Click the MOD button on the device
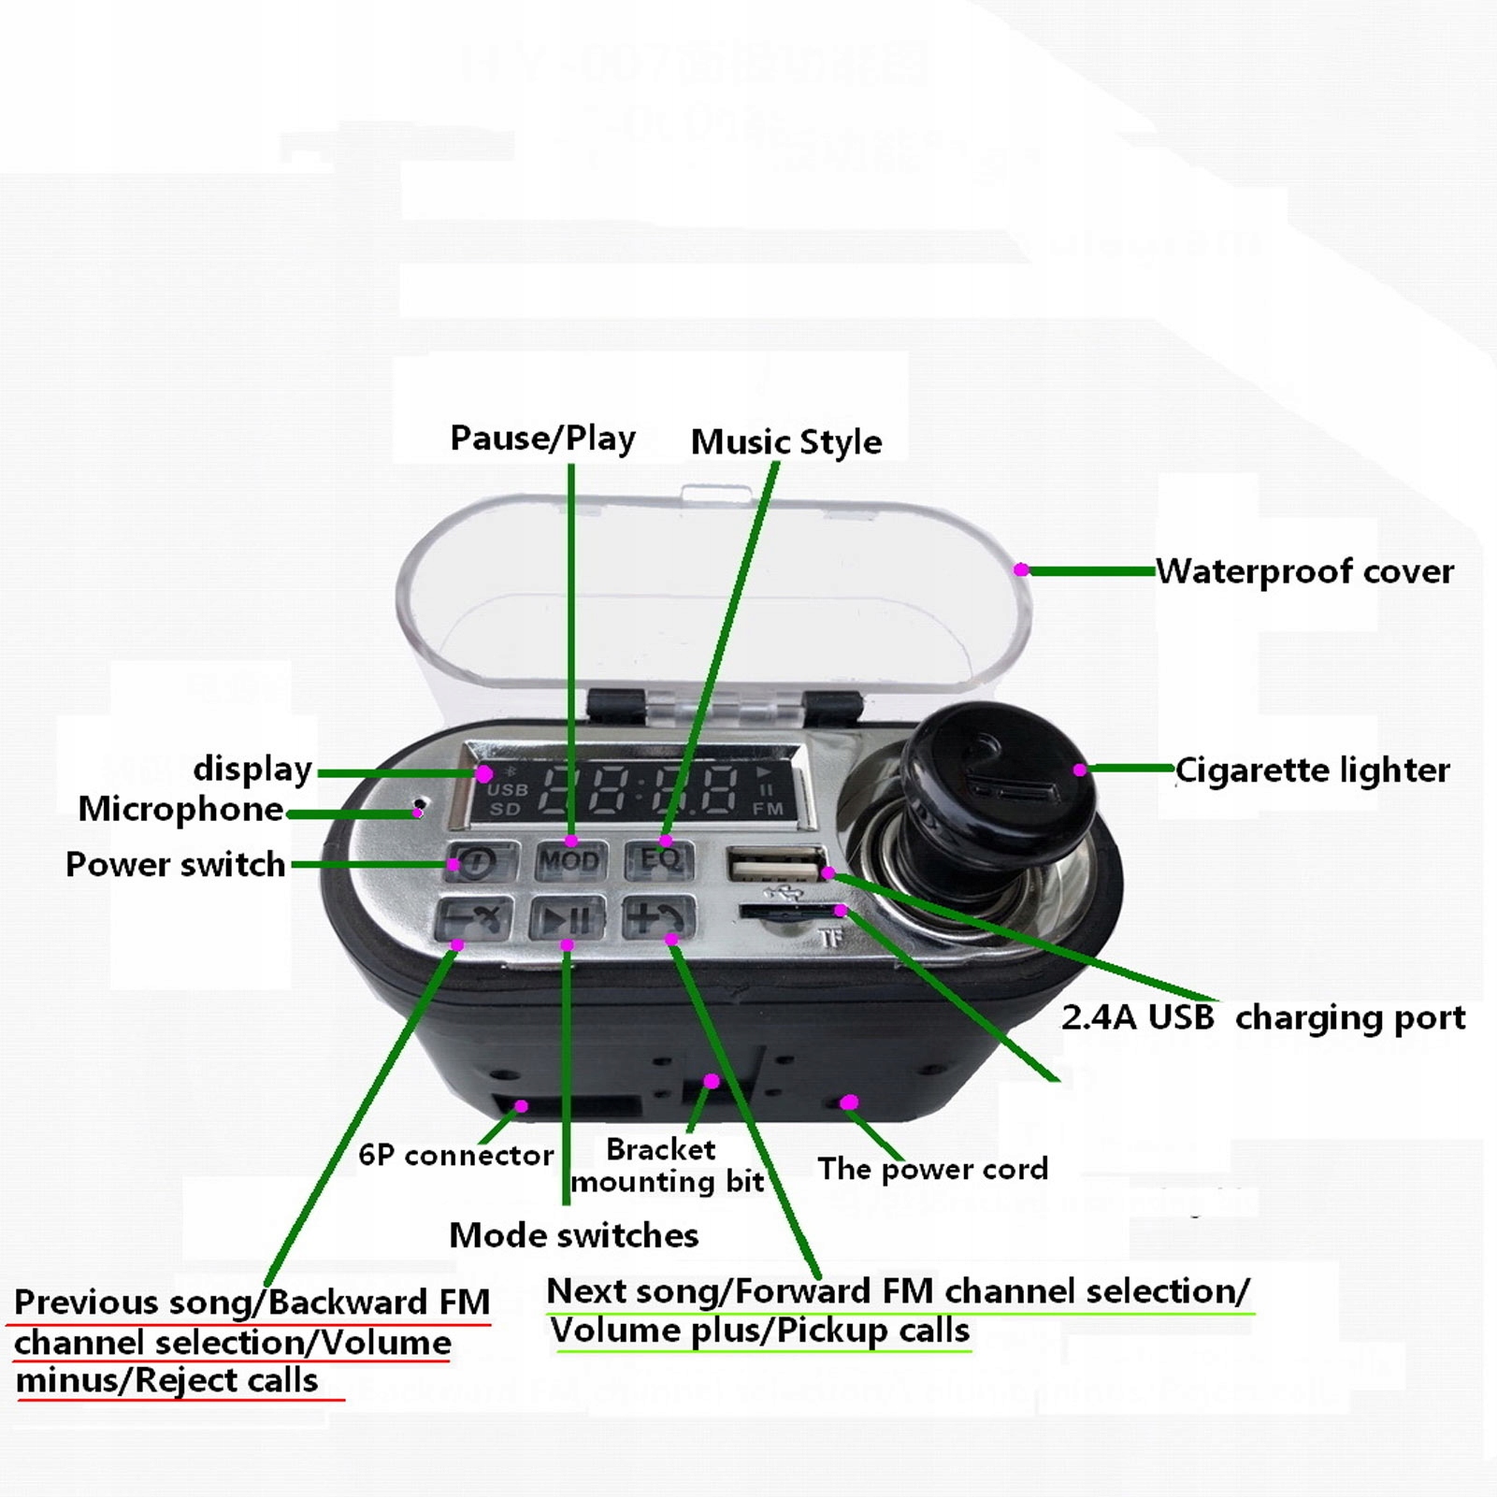(x=569, y=860)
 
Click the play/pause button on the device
(x=567, y=919)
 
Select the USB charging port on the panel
(x=774, y=864)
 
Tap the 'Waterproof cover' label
(x=1304, y=571)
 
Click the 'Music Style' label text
(x=785, y=442)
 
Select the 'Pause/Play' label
(x=542, y=438)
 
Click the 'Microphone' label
(x=180, y=809)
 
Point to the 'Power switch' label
(x=175, y=864)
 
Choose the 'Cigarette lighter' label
(x=1312, y=770)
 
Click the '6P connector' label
(x=455, y=1155)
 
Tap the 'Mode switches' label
(x=573, y=1235)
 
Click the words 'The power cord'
(x=932, y=1169)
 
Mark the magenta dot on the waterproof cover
(x=1021, y=569)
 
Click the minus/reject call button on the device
(x=474, y=919)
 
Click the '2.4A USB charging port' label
(x=1262, y=1017)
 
